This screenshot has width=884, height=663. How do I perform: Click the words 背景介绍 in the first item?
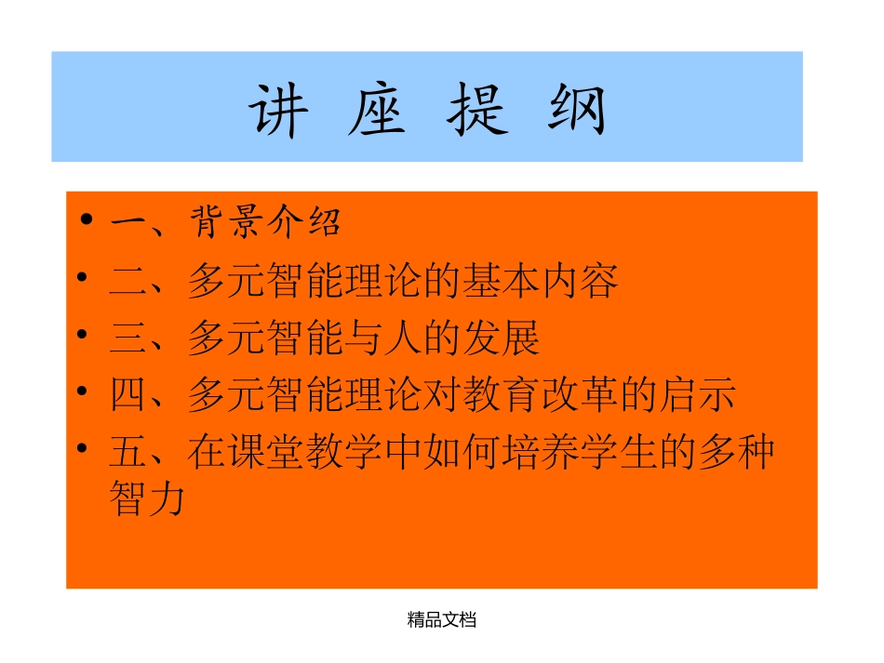point(265,222)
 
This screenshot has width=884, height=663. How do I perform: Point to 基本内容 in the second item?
point(540,281)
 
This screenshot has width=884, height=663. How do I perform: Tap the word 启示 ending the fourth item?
point(696,395)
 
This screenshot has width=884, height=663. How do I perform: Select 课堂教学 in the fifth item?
point(305,453)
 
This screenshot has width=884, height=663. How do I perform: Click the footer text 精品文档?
point(442,619)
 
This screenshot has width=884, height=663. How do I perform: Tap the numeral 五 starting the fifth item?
point(128,453)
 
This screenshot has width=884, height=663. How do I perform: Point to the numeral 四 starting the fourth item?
point(128,395)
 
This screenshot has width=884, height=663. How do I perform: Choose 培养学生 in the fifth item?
point(579,453)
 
